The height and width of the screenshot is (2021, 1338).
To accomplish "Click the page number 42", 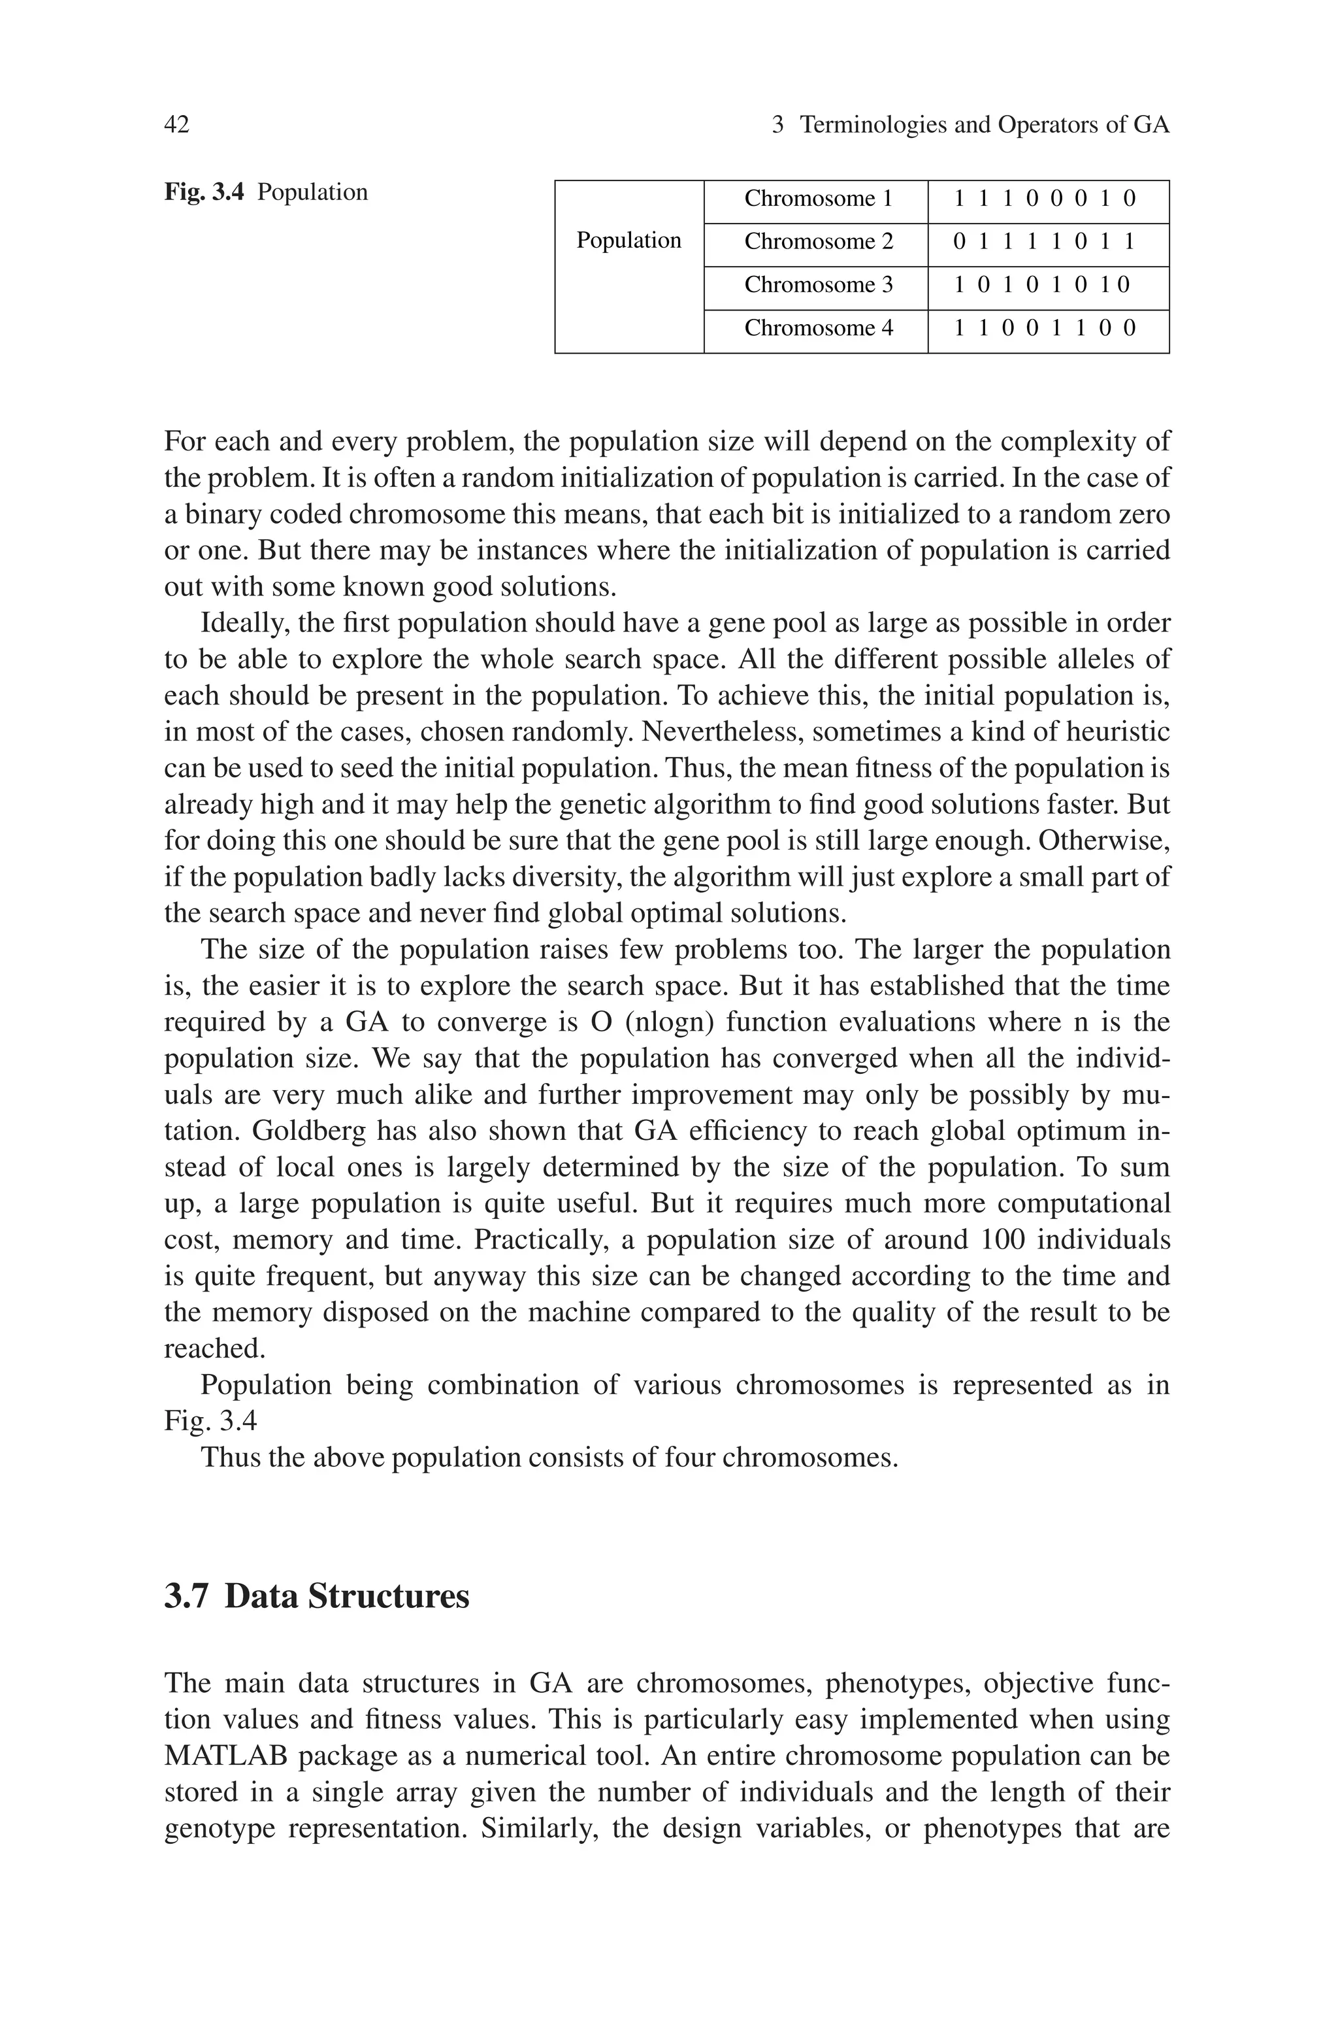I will coord(176,125).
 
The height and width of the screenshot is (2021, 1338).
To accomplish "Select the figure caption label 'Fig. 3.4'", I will coord(204,193).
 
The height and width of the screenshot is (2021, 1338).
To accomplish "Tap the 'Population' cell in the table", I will coord(629,241).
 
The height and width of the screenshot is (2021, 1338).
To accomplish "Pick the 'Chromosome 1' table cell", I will coord(817,199).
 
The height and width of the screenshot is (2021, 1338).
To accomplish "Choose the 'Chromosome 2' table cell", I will coord(817,242).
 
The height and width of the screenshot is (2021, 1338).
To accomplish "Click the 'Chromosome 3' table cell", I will coord(817,285).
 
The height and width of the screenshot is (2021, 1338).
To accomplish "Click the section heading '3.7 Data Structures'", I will coord(317,1596).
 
